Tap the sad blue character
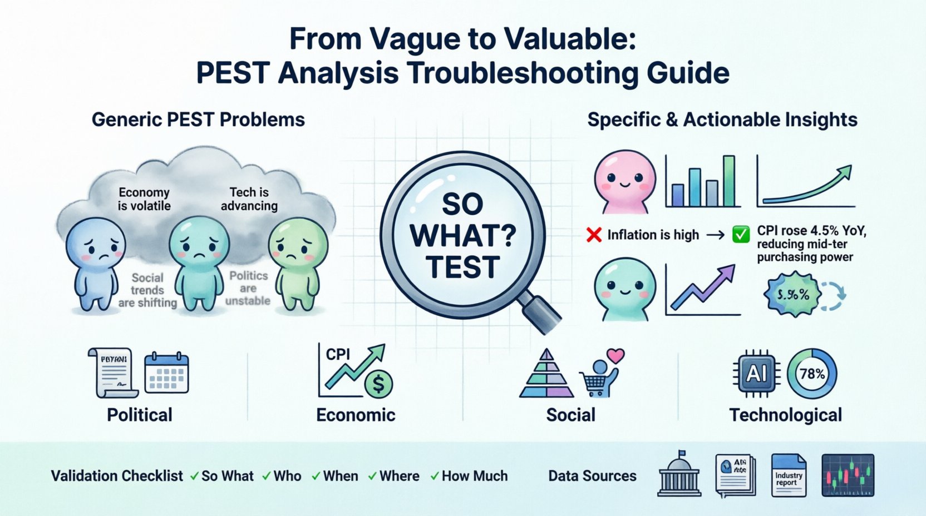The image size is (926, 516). (x=96, y=261)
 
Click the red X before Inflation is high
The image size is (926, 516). (x=594, y=235)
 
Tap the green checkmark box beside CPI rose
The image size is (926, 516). (x=741, y=235)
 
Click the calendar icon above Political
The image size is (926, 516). (x=166, y=374)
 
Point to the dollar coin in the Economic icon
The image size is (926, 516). (x=378, y=384)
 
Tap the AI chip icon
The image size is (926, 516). (x=756, y=374)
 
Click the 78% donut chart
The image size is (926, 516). (x=812, y=374)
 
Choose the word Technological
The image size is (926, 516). (x=785, y=415)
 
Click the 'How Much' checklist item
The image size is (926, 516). (x=474, y=476)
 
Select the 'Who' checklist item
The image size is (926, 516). (x=287, y=476)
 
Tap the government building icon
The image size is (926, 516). (x=679, y=475)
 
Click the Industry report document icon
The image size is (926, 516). (x=789, y=475)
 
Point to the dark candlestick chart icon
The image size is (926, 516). (x=848, y=475)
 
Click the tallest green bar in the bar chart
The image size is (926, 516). (x=729, y=181)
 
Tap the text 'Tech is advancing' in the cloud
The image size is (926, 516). (x=249, y=199)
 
